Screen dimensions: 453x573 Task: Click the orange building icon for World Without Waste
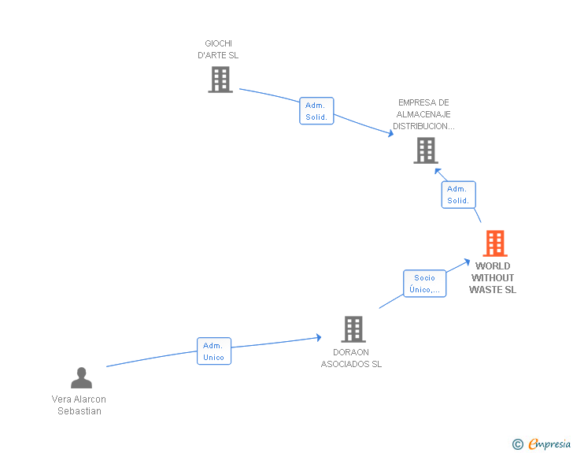coord(494,243)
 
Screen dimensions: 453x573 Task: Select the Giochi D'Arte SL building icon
coord(220,80)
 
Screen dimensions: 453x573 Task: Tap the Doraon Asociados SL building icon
coord(353,329)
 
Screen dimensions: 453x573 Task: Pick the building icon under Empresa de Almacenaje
coord(425,150)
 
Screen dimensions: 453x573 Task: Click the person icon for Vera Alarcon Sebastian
coord(81,378)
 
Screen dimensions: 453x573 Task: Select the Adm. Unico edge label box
coord(213,351)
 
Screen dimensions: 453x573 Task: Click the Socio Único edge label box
coord(424,284)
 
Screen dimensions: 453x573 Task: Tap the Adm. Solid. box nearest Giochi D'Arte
coord(316,111)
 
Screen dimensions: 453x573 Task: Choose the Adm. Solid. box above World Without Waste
coord(458,195)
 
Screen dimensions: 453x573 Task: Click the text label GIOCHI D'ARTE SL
coord(218,50)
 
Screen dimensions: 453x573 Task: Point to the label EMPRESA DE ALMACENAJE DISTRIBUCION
coord(423,114)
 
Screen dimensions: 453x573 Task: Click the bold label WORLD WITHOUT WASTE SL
coord(493,278)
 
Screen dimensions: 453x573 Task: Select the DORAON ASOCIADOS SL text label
coord(351,358)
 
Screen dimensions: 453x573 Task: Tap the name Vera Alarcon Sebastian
coord(79,405)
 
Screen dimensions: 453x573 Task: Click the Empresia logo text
coord(549,444)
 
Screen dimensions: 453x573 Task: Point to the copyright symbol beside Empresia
coord(517,444)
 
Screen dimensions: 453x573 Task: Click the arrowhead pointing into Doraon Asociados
coord(318,337)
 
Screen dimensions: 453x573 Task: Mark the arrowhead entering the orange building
coord(467,261)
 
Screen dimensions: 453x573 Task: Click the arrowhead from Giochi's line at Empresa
coord(390,134)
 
